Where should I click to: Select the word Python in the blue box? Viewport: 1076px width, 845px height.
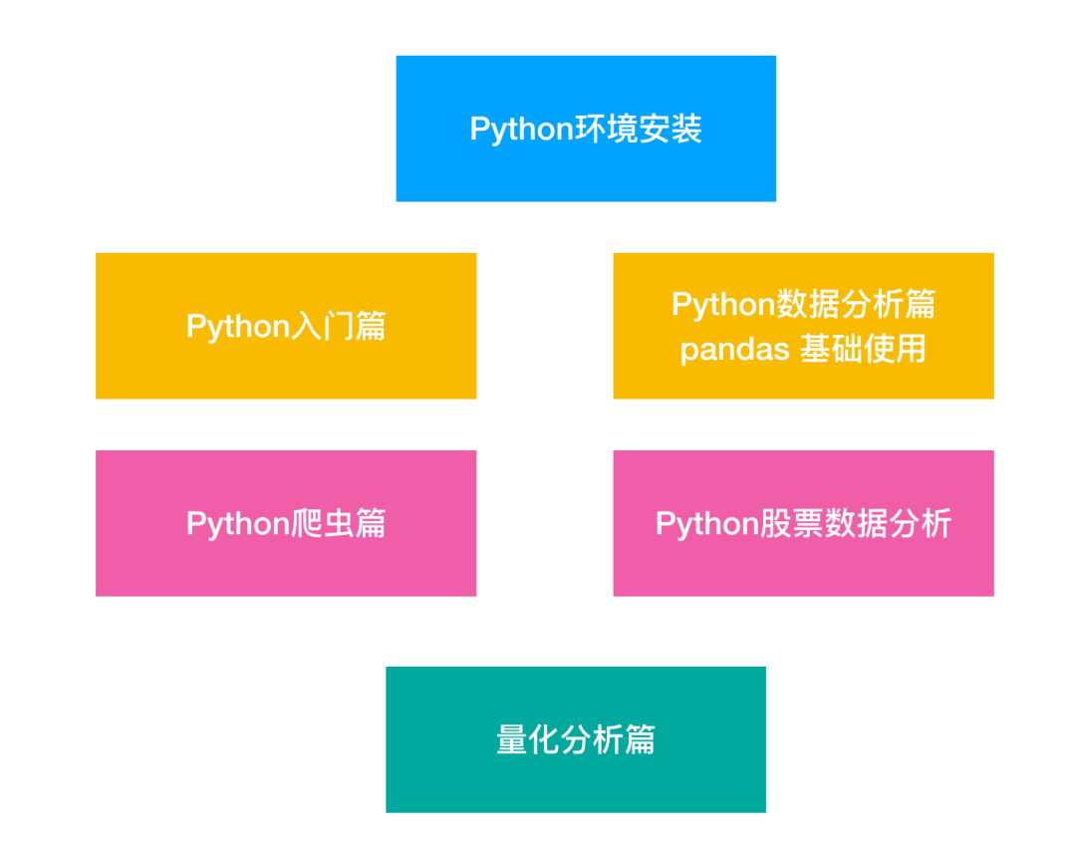point(520,130)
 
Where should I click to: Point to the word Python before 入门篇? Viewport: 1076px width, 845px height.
point(237,327)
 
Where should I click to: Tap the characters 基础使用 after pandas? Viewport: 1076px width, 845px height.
point(864,350)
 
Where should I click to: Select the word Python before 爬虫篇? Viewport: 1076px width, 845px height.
point(237,524)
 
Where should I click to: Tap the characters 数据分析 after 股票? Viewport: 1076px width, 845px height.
point(889,524)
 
